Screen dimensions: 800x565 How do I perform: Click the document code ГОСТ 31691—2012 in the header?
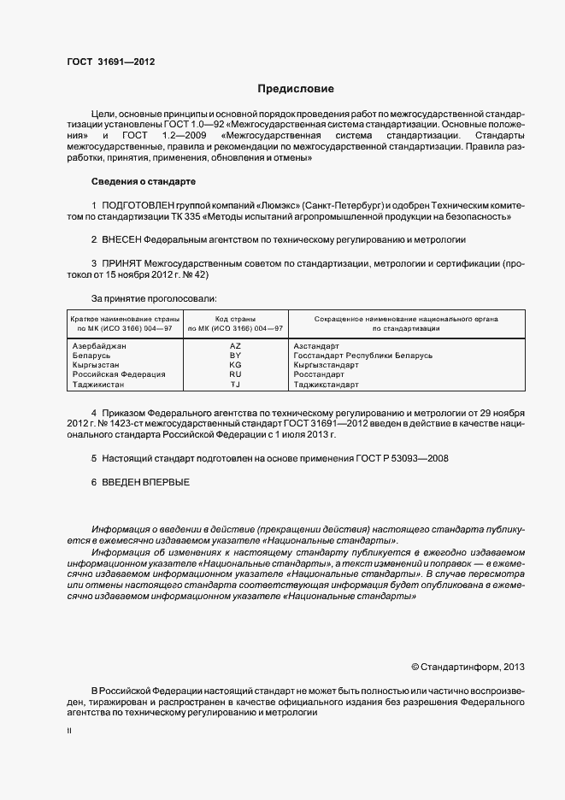(110, 62)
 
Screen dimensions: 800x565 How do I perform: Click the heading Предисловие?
(296, 89)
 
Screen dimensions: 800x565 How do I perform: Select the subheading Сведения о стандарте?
(143, 182)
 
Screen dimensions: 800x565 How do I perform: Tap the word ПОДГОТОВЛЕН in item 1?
(138, 206)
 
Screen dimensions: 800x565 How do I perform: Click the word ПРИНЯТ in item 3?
(121, 265)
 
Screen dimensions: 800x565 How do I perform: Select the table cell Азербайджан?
(100, 344)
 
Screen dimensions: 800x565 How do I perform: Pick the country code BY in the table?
(236, 355)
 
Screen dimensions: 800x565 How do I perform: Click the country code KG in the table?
(236, 365)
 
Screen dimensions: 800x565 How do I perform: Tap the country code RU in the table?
(236, 374)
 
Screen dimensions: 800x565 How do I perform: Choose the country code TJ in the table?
(236, 385)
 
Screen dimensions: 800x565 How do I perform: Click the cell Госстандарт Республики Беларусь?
(362, 355)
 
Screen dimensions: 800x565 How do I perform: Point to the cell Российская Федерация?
(119, 374)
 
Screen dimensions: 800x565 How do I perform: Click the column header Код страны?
(236, 318)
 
